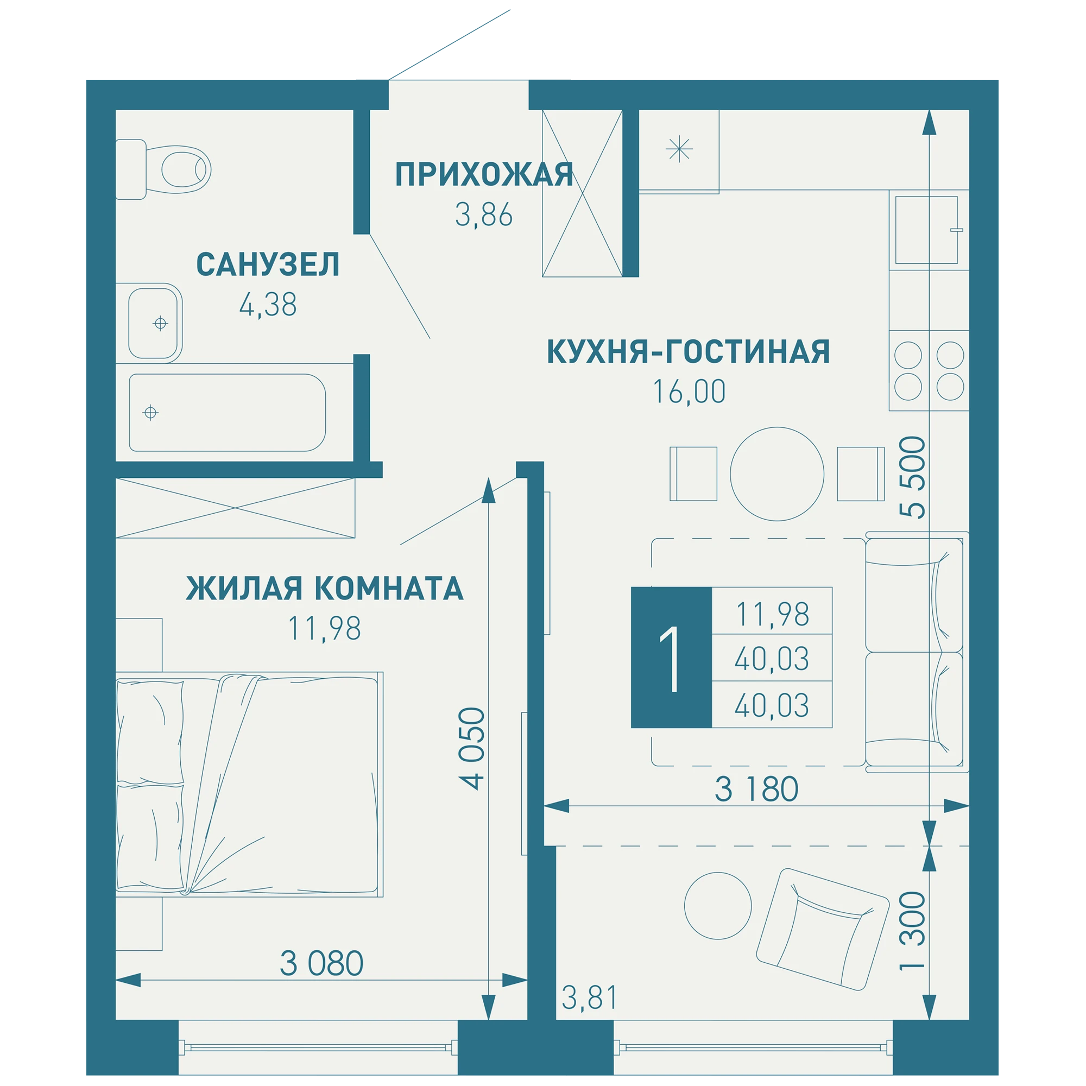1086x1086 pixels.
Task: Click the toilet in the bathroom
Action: coord(163,169)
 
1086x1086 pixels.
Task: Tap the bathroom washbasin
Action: coord(149,323)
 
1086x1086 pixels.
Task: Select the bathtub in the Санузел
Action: coord(227,413)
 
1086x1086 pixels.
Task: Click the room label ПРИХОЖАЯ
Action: coord(484,174)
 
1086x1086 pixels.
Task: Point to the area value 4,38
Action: coord(268,305)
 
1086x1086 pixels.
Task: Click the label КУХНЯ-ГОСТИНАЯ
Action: coord(688,352)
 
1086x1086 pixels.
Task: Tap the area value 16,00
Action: coord(689,392)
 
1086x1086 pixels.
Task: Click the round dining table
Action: coord(777,474)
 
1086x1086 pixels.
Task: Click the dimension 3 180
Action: coord(756,789)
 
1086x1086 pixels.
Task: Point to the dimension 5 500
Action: coord(912,477)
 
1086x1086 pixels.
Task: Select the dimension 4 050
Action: coord(471,749)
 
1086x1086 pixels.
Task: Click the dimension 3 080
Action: coord(321,963)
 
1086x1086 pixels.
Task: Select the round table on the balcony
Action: coord(718,906)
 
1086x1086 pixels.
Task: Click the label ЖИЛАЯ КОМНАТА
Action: coord(324,589)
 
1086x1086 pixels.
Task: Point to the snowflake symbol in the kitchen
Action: coord(679,149)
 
